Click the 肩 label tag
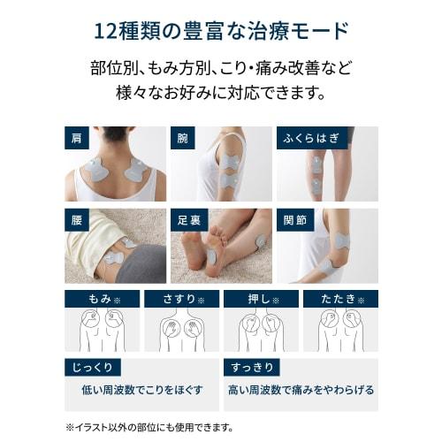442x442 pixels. [x=77, y=138]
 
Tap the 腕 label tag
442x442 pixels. [x=183, y=138]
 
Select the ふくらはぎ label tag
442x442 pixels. [x=309, y=138]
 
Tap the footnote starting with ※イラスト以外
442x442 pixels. [x=149, y=427]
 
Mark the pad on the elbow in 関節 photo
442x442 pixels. [x=327, y=263]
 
